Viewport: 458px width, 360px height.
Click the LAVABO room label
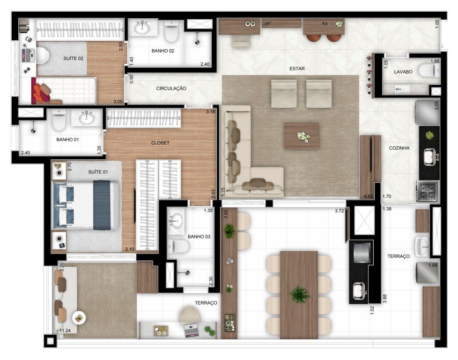(403, 72)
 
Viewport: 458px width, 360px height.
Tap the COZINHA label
(399, 148)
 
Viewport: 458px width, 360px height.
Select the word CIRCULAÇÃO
(171, 88)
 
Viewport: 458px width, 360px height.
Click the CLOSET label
(160, 142)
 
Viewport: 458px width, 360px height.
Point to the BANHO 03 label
(199, 236)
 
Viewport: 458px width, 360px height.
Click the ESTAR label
(297, 68)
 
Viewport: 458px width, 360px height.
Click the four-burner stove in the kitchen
(427, 192)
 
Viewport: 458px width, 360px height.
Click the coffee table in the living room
(302, 136)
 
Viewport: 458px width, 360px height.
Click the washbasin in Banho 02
(142, 28)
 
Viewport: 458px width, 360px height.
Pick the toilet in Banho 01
(59, 121)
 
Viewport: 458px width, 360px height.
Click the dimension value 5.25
(223, 191)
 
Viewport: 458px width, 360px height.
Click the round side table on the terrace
(79, 318)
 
